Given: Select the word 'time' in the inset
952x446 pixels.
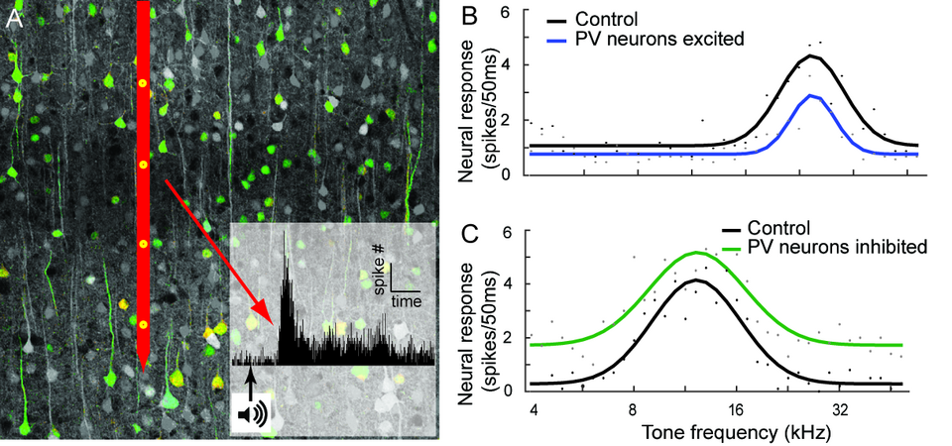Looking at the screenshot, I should [x=405, y=299].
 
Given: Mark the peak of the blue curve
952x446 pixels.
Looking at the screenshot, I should [x=812, y=96].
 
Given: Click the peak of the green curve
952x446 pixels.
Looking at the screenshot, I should [x=697, y=253].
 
